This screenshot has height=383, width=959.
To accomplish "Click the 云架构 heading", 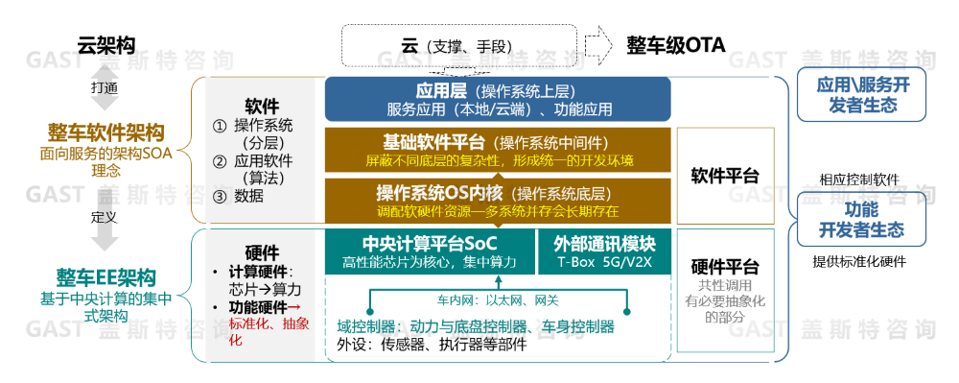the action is coord(105,45).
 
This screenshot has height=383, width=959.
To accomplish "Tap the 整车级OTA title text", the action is coord(675,45).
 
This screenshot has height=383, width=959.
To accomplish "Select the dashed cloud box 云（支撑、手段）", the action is coord(458,45).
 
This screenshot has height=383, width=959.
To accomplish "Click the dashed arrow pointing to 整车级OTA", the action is coord(598,44).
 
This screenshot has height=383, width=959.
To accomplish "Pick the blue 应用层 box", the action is coord(498,99).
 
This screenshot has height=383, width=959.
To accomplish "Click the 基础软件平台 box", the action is coord(498,150).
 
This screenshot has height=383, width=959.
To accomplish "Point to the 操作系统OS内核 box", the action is coord(498,201).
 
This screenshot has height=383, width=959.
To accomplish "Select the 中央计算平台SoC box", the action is coord(430,251).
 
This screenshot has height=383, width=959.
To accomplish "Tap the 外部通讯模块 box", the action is coord(604,251).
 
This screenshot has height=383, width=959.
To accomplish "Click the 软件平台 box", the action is coord(725,175).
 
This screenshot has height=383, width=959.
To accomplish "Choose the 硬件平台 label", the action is coord(725,267).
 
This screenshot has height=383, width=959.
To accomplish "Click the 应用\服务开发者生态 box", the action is coord(863,94).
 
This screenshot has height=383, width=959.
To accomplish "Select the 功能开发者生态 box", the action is coord(862,219).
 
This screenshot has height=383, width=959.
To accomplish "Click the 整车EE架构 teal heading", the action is coord(106,277).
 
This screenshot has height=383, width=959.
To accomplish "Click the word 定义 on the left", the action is coord(104,217).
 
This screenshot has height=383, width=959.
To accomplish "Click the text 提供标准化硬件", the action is coord(858,262).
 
